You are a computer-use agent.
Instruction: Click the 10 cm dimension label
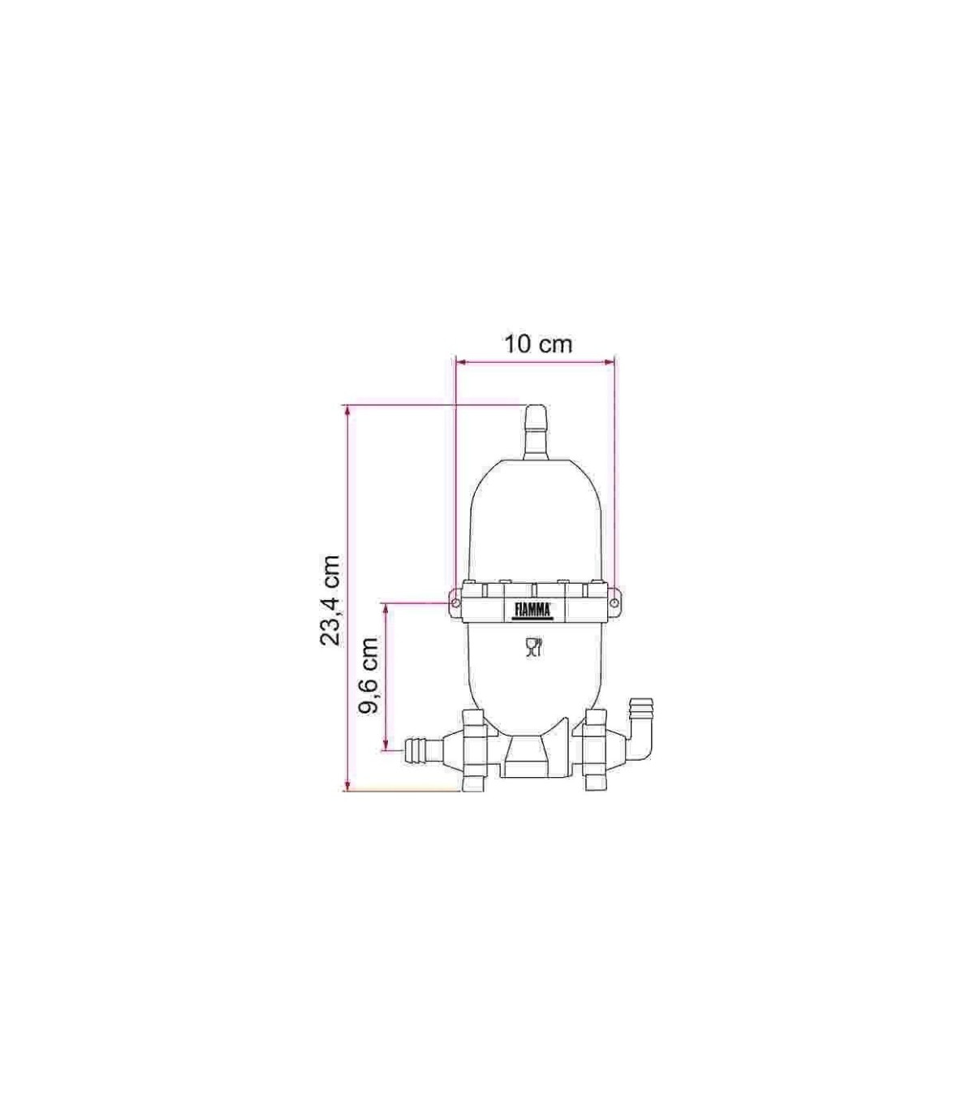539,344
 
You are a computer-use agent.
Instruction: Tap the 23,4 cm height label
330,601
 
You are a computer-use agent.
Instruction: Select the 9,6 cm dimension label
368,676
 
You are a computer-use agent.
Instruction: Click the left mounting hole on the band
455,602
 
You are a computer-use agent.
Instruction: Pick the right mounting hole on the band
614,602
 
